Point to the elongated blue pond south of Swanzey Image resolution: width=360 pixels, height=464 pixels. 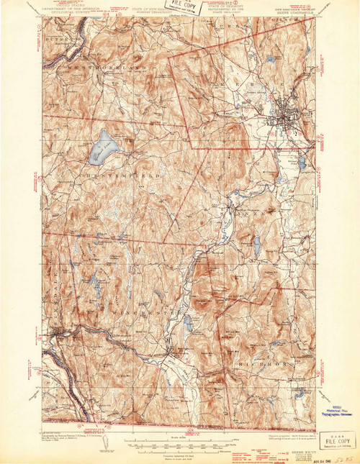(x=188, y=325)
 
